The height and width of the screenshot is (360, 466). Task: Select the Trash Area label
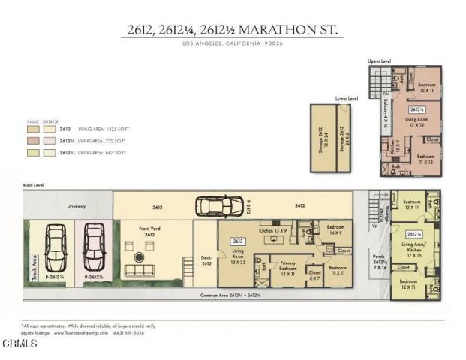[35, 268]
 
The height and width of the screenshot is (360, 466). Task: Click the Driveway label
[76, 206]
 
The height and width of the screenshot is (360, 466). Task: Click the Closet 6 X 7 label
[315, 275]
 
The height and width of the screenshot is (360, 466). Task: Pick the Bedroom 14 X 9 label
[335, 229]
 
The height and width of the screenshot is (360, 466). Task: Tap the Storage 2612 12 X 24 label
[320, 139]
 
